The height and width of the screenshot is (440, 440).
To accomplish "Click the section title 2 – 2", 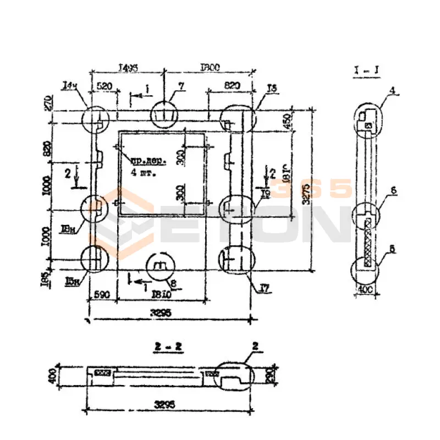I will point(168,346).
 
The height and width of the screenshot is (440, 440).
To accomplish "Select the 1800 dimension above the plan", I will point(210,67).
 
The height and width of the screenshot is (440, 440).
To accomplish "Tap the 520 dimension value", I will point(105,86).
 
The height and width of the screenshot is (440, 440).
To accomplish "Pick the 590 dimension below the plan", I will point(102,295).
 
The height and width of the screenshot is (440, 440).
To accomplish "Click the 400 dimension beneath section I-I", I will point(365,289).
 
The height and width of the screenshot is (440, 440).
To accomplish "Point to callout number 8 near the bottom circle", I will point(174,284).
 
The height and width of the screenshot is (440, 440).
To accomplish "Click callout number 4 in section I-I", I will point(392,89).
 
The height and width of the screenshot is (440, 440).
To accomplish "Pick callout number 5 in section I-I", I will point(392,249).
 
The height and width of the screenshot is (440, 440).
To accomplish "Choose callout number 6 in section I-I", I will point(392,190).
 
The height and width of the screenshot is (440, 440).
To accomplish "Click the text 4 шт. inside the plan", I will point(144,173).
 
